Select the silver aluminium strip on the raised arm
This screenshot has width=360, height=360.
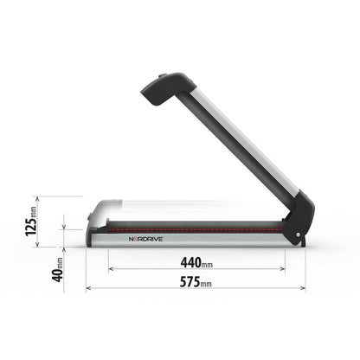tap(234, 144)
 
